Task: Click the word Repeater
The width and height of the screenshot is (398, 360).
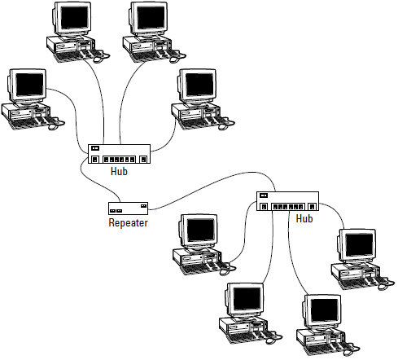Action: click(x=128, y=222)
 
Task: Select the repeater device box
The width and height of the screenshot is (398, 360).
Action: click(x=128, y=209)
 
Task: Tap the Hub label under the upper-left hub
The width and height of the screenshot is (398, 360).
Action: click(x=119, y=171)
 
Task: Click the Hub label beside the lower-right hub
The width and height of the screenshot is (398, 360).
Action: click(x=304, y=218)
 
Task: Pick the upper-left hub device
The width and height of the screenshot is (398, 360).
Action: click(x=119, y=154)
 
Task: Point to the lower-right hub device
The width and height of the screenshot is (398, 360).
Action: click(x=287, y=201)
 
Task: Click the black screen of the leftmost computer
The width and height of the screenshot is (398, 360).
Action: click(x=29, y=84)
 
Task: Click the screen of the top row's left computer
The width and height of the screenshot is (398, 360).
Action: click(x=74, y=17)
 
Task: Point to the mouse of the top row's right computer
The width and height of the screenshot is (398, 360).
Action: click(x=174, y=59)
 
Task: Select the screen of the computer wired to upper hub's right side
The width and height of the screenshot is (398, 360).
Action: click(x=199, y=85)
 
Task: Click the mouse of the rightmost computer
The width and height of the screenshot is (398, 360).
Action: click(x=383, y=287)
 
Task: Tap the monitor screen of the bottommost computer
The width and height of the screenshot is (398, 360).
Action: click(x=325, y=310)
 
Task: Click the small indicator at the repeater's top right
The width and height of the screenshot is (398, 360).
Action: click(x=143, y=206)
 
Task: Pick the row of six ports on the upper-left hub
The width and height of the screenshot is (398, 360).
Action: click(x=119, y=160)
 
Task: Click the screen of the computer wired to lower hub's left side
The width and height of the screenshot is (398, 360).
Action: click(x=201, y=230)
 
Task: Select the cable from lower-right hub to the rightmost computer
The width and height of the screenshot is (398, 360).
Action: click(x=336, y=211)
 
